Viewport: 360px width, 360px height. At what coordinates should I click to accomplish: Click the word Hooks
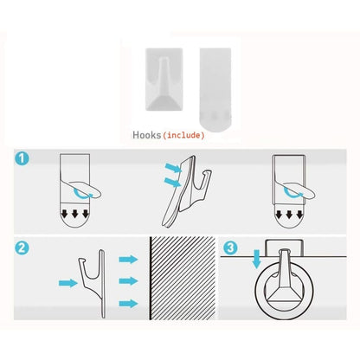click(146, 135)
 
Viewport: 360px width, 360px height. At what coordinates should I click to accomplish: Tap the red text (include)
click(183, 135)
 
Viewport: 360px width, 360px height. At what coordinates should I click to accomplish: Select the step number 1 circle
click(22, 158)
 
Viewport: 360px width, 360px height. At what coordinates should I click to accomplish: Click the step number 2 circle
click(22, 247)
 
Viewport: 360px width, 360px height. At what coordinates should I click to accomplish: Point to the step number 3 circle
click(230, 247)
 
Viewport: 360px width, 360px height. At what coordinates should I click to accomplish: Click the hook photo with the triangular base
click(164, 80)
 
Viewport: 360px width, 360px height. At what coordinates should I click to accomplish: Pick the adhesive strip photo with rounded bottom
click(215, 87)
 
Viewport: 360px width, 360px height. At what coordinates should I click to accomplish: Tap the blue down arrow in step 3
click(256, 260)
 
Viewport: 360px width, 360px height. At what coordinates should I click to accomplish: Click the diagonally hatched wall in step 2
click(183, 279)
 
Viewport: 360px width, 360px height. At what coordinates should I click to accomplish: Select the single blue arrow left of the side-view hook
click(68, 283)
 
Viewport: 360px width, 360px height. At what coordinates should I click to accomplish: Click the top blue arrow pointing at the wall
click(128, 260)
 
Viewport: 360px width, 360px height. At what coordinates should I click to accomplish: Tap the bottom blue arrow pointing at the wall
click(128, 304)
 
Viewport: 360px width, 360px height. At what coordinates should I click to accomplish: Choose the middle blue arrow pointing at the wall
click(128, 281)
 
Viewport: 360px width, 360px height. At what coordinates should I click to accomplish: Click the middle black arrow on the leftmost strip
click(75, 214)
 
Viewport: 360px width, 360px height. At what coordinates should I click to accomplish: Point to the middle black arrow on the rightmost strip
click(289, 215)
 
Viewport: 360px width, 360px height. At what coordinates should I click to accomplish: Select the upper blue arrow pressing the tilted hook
click(173, 168)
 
